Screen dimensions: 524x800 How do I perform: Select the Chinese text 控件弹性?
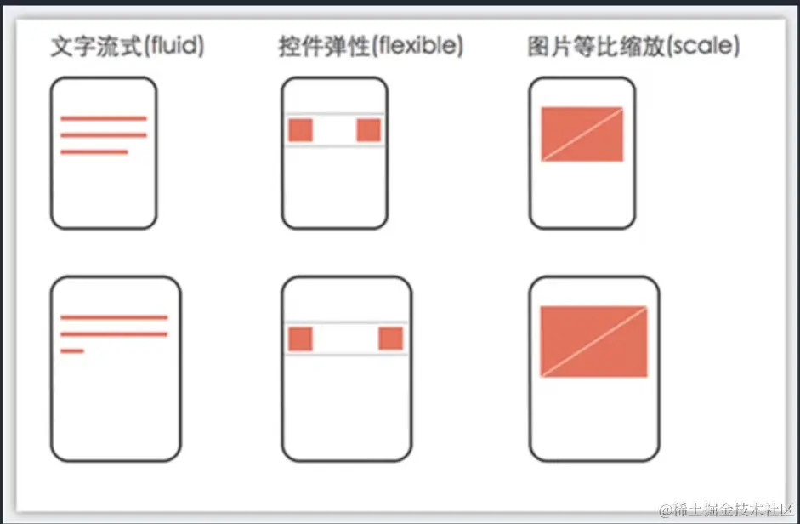324,48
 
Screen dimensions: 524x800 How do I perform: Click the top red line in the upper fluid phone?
104,118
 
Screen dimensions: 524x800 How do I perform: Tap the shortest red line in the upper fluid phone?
94,152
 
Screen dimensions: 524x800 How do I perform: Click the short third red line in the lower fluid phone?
72,350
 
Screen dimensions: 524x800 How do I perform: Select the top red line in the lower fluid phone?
114,317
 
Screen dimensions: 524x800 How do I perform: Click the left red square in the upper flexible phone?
301,130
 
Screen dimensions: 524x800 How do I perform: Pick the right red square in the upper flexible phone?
369,130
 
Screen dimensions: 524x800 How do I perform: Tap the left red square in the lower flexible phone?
301,339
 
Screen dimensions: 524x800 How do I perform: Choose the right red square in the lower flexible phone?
391,339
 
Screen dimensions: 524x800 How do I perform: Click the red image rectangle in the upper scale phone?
582,134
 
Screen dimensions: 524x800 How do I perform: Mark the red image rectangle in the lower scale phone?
594,340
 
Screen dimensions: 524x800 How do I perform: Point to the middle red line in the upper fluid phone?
104,135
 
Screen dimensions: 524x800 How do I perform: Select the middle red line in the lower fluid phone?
114,334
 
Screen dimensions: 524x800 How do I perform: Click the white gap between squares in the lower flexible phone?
346,339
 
